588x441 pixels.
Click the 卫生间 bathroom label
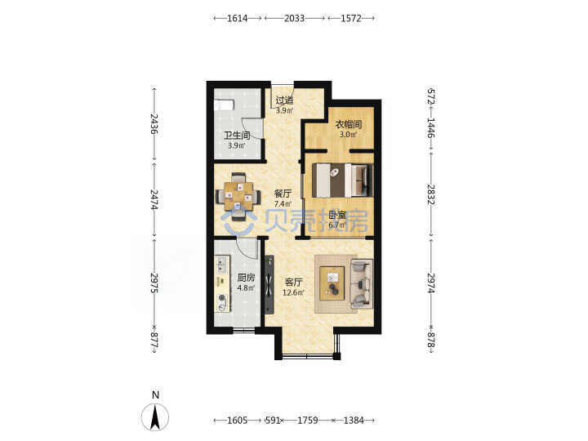237,136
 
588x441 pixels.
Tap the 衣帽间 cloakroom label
349,124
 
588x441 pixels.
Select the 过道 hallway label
284,100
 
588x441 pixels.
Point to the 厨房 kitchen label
246,278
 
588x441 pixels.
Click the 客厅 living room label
294,282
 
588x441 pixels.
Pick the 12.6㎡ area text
294,292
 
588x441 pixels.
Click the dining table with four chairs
238,196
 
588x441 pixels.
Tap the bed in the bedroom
343,180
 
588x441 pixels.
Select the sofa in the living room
362,283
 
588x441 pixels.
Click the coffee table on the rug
332,283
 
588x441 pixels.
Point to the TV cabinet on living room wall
269,285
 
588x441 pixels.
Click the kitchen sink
222,264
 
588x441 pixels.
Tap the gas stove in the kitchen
222,303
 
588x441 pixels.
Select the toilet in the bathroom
224,105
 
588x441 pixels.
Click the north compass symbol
155,416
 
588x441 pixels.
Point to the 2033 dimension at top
294,18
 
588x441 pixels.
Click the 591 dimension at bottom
273,421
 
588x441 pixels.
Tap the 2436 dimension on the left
154,124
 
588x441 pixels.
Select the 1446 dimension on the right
431,128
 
